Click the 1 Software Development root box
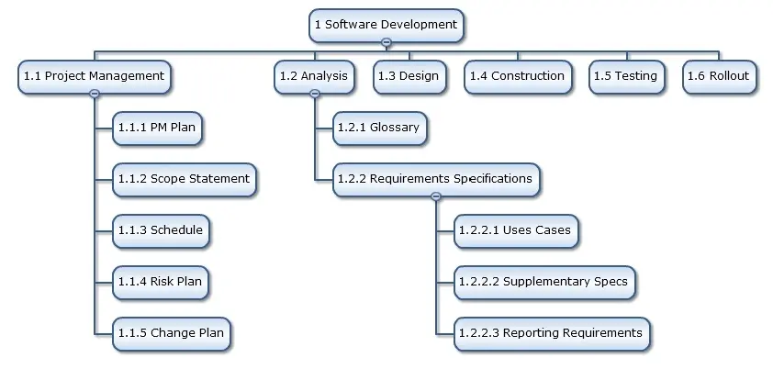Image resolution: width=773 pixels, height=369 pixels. (x=386, y=25)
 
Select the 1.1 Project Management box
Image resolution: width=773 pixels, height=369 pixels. (x=95, y=76)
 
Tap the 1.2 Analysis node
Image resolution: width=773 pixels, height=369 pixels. (x=314, y=76)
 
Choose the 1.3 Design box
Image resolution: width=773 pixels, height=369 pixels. (x=409, y=76)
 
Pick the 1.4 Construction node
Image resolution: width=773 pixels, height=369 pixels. (x=518, y=76)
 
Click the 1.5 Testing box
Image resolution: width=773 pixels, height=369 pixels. (x=627, y=76)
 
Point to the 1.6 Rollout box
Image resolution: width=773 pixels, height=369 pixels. (x=719, y=76)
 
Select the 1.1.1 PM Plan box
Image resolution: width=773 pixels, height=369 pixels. (x=157, y=129)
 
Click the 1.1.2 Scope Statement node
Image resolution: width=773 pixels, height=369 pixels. (x=185, y=179)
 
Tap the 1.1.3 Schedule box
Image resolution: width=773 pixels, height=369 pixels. (x=161, y=230)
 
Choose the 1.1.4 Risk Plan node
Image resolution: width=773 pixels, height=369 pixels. (x=161, y=283)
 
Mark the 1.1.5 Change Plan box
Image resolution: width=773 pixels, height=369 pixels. (x=172, y=333)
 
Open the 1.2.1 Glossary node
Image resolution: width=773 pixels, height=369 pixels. (x=379, y=129)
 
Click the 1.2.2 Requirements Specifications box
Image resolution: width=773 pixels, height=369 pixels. (x=436, y=179)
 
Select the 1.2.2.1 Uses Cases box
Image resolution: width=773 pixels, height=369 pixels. (x=516, y=230)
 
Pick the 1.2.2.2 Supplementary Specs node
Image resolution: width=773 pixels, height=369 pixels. (x=544, y=283)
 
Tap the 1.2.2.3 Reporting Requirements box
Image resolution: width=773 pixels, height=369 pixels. (x=552, y=333)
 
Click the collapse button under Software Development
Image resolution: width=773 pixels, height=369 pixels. (x=386, y=42)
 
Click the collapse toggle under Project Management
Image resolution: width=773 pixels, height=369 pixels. (x=95, y=94)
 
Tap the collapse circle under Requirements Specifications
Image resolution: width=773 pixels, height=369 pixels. (x=436, y=196)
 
